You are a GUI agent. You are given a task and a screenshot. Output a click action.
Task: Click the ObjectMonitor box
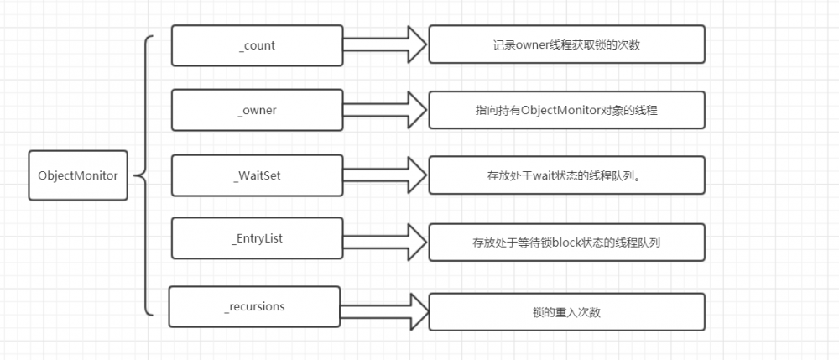pyautogui.click(x=78, y=175)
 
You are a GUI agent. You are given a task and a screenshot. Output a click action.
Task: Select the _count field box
pyautogui.click(x=257, y=45)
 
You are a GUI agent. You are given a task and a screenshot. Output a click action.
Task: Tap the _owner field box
pyautogui.click(x=257, y=111)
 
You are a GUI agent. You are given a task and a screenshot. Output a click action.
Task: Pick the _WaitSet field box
pyautogui.click(x=257, y=175)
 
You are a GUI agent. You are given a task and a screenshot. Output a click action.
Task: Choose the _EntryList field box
pyautogui.click(x=257, y=239)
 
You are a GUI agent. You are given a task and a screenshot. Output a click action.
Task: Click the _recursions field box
pyautogui.click(x=254, y=306)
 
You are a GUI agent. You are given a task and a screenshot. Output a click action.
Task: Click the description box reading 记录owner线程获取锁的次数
pyautogui.click(x=566, y=44)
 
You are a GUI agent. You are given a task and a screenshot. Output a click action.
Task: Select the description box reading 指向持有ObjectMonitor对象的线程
pyautogui.click(x=566, y=110)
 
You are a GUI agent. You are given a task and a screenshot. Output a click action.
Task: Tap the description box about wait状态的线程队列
pyautogui.click(x=566, y=175)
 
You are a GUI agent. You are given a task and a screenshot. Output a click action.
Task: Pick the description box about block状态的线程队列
pyautogui.click(x=566, y=241)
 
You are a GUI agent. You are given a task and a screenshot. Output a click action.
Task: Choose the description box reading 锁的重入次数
pyautogui.click(x=566, y=311)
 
